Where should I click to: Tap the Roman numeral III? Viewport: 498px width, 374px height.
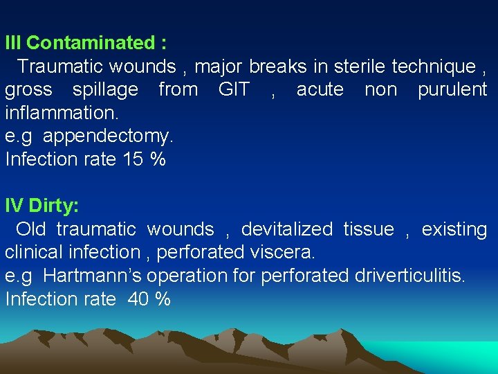13,43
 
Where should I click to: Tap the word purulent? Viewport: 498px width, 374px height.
452,90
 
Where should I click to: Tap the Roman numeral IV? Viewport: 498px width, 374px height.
14,206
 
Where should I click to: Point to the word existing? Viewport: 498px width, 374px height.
454,229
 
